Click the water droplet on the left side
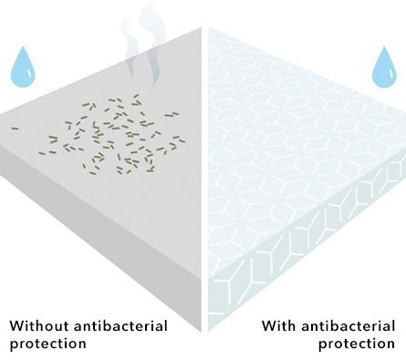click(23, 68)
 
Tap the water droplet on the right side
click(385, 69)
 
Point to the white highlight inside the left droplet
click(29, 73)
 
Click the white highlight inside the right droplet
click(391, 73)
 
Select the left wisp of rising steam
click(130, 48)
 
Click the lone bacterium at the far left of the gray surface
click(16, 129)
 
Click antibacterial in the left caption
click(120, 326)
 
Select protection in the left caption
click(48, 344)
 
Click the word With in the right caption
click(278, 326)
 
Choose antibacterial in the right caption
click(348, 326)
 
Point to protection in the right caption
click(357, 344)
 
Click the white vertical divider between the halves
click(205, 180)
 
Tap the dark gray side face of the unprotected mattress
click(100, 231)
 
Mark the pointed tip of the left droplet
click(23, 46)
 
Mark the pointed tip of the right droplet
click(385, 46)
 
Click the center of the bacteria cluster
click(112, 135)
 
